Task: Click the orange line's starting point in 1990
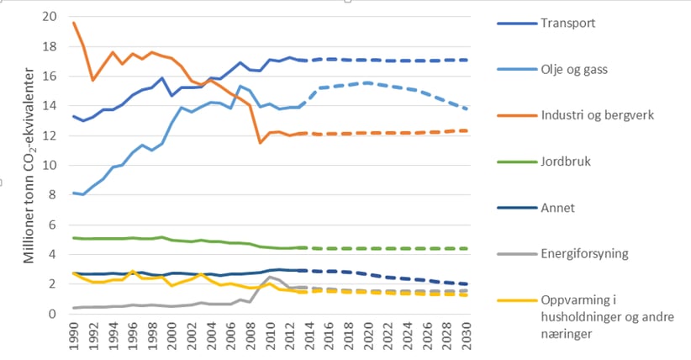(74, 23)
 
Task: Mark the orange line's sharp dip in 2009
(261, 143)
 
